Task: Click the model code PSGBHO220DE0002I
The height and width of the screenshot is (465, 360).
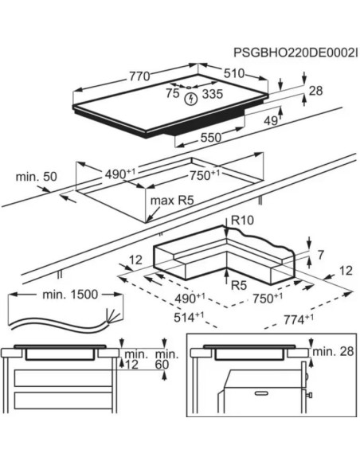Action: pyautogui.click(x=295, y=53)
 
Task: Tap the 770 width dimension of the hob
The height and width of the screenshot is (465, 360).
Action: pyautogui.click(x=139, y=76)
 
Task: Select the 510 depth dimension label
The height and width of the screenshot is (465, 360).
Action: pyautogui.click(x=234, y=73)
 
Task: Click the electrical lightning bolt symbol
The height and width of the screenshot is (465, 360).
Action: pyautogui.click(x=191, y=99)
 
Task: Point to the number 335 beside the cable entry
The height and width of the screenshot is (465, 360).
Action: pyautogui.click(x=213, y=94)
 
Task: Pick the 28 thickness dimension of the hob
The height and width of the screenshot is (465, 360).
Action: pyautogui.click(x=315, y=91)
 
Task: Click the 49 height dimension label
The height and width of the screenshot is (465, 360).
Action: pyautogui.click(x=271, y=120)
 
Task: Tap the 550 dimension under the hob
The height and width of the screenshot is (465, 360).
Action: pyautogui.click(x=211, y=138)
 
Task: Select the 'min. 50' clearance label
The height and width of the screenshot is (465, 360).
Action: pyautogui.click(x=36, y=177)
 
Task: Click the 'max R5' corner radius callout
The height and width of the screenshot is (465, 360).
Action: pyautogui.click(x=172, y=201)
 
